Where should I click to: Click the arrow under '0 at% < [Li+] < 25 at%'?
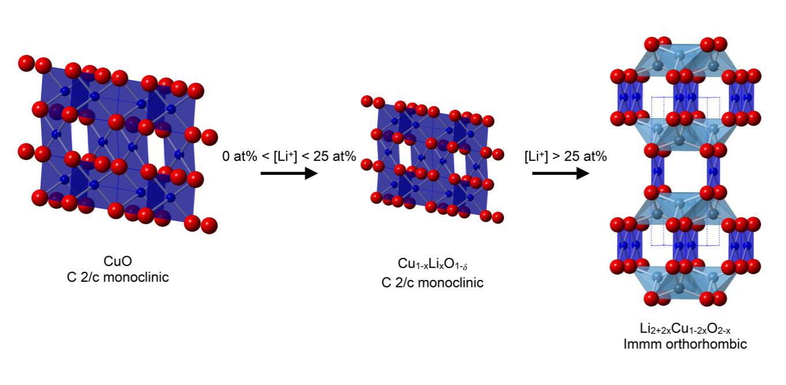click(289, 173)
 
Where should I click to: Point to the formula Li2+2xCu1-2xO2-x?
click(686, 330)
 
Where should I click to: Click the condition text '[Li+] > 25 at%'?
click(565, 156)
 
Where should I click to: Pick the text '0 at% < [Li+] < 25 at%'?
click(289, 156)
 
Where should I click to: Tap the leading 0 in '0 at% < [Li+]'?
click(225, 156)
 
